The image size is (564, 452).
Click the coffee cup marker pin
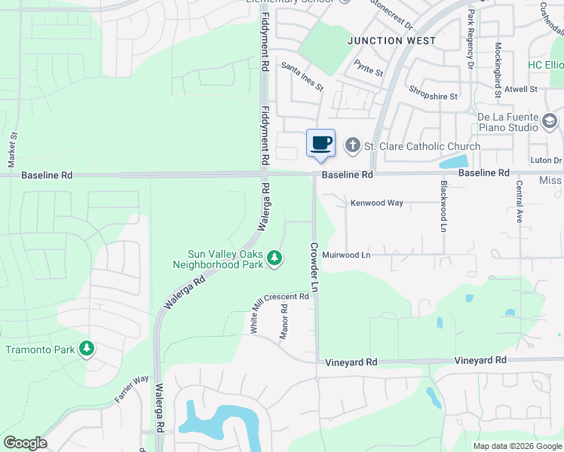point(321,143)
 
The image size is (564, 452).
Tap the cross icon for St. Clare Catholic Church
point(352,145)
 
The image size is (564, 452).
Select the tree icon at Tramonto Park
point(88,348)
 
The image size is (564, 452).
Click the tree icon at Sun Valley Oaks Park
point(275,258)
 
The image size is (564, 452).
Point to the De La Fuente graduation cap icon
point(550,121)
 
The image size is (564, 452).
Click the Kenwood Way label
point(377,203)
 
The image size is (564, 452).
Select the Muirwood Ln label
point(347,255)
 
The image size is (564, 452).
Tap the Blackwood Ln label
point(443,205)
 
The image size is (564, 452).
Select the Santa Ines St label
point(302,77)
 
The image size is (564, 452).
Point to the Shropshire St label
point(434,96)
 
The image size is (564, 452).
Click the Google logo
point(25,443)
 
